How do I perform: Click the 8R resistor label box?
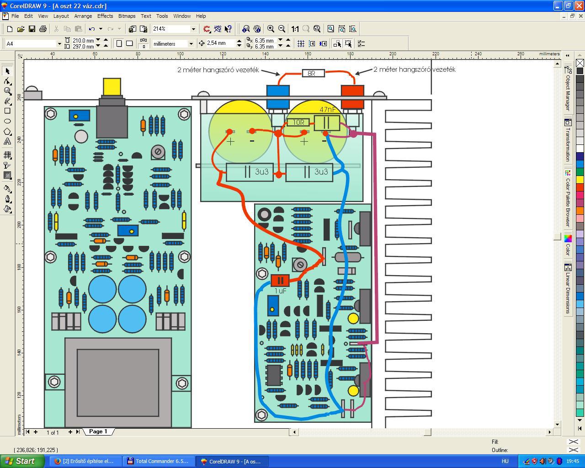pyautogui.click(x=313, y=73)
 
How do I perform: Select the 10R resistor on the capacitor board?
pyautogui.click(x=298, y=122)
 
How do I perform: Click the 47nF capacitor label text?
pyautogui.click(x=328, y=109)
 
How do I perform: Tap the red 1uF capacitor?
pyautogui.click(x=280, y=280)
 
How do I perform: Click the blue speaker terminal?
pyautogui.click(x=278, y=97)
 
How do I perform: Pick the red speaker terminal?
pyautogui.click(x=352, y=97)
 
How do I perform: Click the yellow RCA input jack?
pyautogui.click(x=112, y=87)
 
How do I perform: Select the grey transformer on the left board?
pyautogui.click(x=118, y=383)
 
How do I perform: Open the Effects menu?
pyautogui.click(x=105, y=16)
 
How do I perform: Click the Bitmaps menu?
pyautogui.click(x=127, y=16)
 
